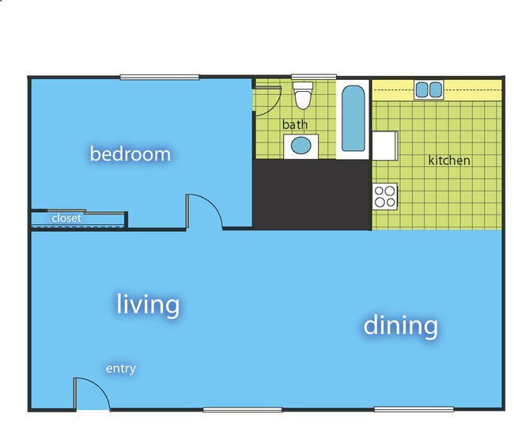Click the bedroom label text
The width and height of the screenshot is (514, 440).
tap(130, 154)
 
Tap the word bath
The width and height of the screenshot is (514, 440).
tap(295, 125)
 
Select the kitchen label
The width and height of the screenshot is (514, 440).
tap(449, 161)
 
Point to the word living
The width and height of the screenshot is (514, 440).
tap(149, 304)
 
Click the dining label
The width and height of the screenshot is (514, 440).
tap(401, 324)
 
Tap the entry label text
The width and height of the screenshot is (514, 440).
tap(121, 369)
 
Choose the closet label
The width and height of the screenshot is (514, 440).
tap(66, 218)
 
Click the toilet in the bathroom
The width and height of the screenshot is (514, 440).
tap(302, 97)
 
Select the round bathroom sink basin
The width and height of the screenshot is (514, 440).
tap(301, 146)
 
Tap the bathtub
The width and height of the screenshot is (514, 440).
tap(353, 119)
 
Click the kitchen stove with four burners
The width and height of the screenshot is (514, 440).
tap(385, 195)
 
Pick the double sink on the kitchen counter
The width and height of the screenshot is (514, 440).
tap(429, 89)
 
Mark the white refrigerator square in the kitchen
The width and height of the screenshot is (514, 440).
tap(384, 146)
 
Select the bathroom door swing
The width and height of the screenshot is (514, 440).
tap(267, 99)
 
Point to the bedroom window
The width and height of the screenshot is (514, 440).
tap(159, 77)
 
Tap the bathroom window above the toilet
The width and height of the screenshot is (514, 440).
tap(303, 78)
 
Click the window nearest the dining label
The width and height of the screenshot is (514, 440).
tap(414, 409)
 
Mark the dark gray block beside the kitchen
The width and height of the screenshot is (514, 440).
tap(311, 195)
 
